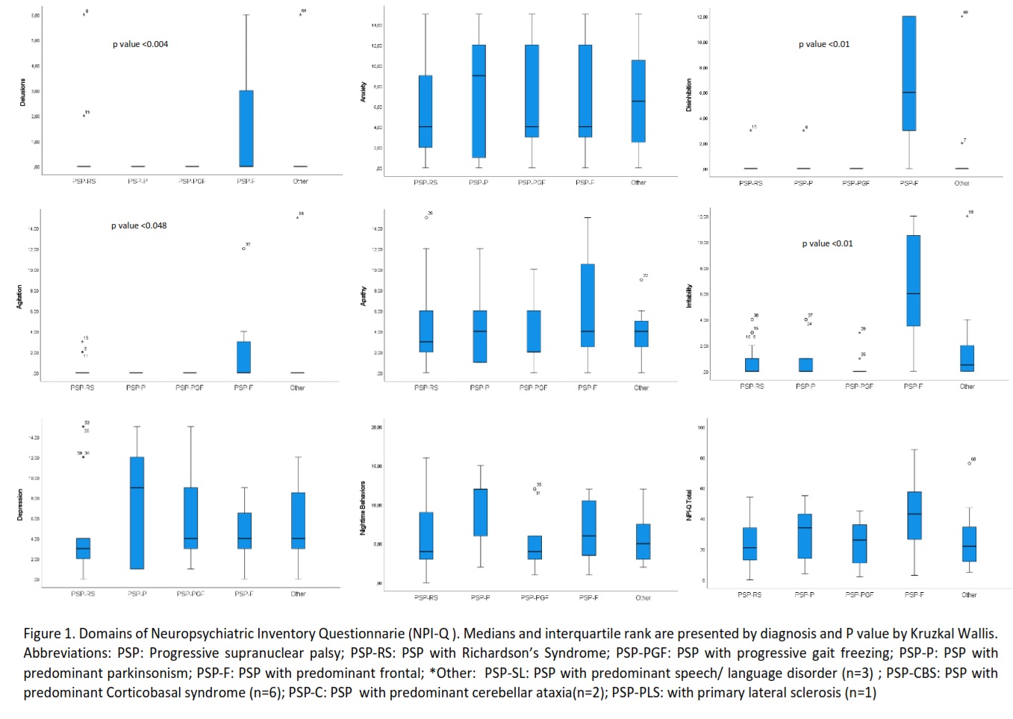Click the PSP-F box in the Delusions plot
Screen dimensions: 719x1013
(246, 128)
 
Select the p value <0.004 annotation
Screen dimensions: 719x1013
(140, 45)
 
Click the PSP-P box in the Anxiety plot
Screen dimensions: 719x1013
(479, 102)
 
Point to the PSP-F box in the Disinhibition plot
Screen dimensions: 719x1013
(908, 73)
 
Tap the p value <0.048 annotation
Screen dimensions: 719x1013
(139, 225)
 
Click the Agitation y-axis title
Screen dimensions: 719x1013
(20, 296)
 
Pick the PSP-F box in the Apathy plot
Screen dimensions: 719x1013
(587, 305)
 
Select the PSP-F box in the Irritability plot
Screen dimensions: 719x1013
(913, 281)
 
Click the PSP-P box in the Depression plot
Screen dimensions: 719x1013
(137, 513)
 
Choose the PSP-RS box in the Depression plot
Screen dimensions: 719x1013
(83, 548)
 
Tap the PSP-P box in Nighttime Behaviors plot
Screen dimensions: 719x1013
(480, 512)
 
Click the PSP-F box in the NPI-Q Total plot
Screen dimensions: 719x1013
(914, 515)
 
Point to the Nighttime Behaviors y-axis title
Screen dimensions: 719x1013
(364, 508)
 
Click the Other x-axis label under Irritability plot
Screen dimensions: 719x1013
(967, 387)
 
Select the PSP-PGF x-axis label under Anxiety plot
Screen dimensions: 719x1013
(532, 183)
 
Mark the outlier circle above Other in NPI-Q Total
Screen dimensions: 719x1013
(970, 464)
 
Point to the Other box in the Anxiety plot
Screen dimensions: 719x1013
(638, 101)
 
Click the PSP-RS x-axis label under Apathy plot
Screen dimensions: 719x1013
(426, 388)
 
